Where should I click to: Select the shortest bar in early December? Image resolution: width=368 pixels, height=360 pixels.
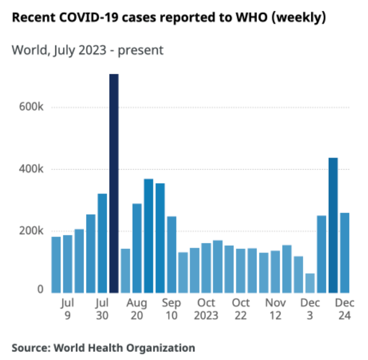pos(310,283)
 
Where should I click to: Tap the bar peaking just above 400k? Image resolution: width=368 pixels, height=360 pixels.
pos(333,225)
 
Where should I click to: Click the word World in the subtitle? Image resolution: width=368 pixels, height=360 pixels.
pos(27,50)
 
